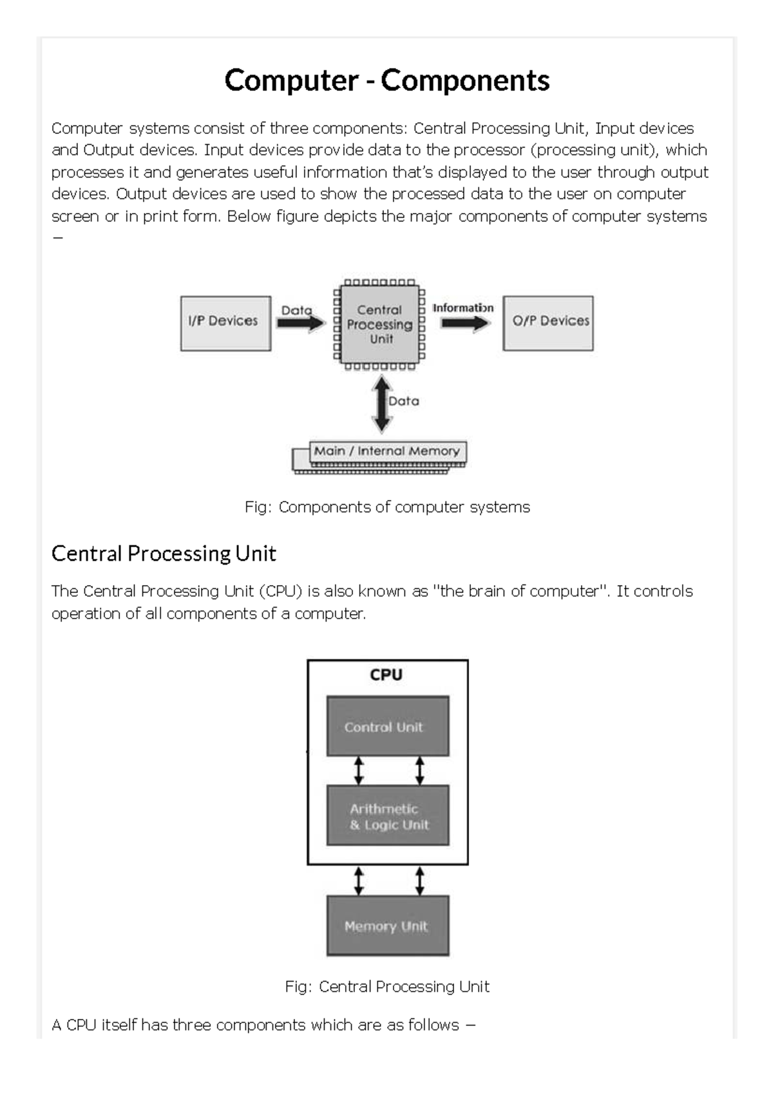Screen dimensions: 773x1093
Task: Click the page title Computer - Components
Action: tap(386, 80)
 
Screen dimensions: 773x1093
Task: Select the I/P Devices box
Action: tap(225, 323)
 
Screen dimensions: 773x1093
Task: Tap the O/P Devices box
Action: tap(548, 323)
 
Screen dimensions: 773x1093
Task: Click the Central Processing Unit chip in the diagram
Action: tap(379, 324)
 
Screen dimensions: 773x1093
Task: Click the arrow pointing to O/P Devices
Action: tap(465, 322)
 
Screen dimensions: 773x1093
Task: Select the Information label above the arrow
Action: tap(463, 308)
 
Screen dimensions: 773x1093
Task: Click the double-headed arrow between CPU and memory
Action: tap(381, 404)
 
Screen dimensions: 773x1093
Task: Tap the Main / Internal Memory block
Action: tap(379, 457)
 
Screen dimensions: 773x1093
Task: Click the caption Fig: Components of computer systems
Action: tap(387, 507)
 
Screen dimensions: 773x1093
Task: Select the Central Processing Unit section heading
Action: tap(164, 554)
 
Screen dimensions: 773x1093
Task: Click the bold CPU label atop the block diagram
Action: tap(386, 675)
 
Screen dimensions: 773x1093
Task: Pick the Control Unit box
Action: tap(388, 726)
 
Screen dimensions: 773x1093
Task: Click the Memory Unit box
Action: tap(388, 925)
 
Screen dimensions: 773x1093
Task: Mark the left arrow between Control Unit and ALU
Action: tap(359, 771)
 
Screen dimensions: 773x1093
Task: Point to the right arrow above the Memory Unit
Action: tap(419, 881)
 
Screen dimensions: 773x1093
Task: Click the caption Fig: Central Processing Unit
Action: tap(387, 987)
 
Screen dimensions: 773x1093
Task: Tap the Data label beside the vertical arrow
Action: tap(403, 401)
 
